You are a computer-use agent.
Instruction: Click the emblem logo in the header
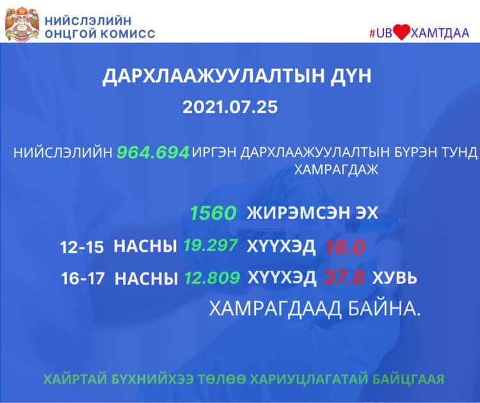pos(22,24)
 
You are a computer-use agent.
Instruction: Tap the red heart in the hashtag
pos(401,33)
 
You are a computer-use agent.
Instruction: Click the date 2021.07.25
pos(230,107)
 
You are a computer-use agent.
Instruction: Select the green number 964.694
pos(152,152)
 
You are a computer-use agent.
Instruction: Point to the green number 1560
pos(213,213)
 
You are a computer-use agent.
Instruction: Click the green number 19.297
pos(211,245)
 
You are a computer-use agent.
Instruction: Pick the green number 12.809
pos(212,277)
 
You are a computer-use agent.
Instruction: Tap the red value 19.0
pos(345,247)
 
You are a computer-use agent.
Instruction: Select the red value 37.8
pos(344,278)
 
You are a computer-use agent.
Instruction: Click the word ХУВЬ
pos(395,278)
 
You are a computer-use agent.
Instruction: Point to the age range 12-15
pos(82,247)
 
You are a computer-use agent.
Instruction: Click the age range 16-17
pos(83,279)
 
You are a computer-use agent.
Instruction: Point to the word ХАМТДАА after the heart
pos(439,33)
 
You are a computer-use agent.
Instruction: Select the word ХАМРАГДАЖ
pos(336,170)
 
